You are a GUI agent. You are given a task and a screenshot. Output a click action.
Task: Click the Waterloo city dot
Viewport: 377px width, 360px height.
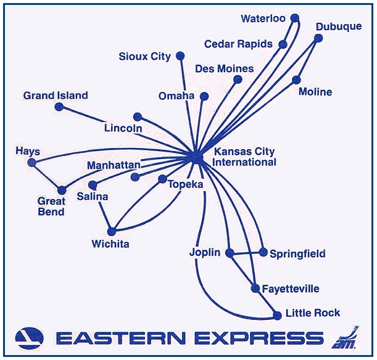(x=294, y=18)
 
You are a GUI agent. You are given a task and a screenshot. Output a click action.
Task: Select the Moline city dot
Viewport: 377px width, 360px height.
(x=297, y=80)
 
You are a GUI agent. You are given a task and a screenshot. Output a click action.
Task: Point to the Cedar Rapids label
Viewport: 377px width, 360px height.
(x=236, y=44)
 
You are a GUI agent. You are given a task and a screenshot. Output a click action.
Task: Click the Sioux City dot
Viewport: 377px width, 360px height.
(x=180, y=56)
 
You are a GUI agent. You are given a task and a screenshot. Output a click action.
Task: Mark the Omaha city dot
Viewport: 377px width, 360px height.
(x=204, y=96)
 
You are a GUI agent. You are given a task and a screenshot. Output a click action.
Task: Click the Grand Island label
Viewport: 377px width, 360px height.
(x=56, y=96)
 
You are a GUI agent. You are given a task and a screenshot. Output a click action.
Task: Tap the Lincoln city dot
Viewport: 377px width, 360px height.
(x=138, y=117)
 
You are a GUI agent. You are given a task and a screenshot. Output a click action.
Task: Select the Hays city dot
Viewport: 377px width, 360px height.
(x=32, y=163)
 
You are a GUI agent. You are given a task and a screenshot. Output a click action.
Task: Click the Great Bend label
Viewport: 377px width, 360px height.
(x=51, y=207)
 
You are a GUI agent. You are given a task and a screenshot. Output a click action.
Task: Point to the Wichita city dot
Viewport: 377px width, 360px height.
(x=112, y=232)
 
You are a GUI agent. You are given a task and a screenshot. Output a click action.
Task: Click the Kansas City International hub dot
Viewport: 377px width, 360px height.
(x=197, y=157)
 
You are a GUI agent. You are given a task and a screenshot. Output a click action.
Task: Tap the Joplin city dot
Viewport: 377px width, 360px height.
(x=230, y=253)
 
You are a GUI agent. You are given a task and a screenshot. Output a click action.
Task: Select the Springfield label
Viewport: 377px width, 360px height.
(x=297, y=254)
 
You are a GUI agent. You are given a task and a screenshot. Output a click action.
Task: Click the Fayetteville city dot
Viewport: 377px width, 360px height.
(x=255, y=288)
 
